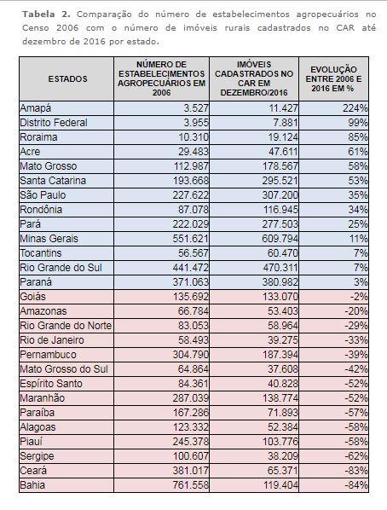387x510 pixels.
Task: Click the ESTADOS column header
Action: click(67, 79)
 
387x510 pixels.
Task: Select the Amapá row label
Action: click(36, 108)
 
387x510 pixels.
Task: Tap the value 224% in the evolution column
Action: click(355, 108)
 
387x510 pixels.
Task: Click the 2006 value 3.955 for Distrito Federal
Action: click(193, 123)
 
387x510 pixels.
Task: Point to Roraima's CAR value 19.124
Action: click(283, 137)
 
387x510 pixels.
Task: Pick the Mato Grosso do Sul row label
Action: click(64, 369)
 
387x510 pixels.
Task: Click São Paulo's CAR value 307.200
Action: click(280, 195)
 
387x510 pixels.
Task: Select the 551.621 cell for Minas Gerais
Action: click(190, 239)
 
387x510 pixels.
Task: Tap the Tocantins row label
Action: click(41, 253)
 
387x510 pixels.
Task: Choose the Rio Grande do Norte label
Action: click(66, 326)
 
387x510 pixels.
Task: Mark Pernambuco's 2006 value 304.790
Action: click(190, 355)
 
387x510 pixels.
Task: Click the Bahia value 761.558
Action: click(190, 485)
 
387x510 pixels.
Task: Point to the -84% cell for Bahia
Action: click(356, 485)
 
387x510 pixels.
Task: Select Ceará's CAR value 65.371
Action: click(283, 471)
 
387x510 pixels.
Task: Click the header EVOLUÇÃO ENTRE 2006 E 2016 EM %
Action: click(333, 79)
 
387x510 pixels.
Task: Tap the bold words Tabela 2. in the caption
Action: click(46, 14)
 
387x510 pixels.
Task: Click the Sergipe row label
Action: click(37, 456)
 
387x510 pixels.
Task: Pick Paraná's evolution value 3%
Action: click(361, 282)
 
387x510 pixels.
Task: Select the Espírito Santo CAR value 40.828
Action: click(283, 384)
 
